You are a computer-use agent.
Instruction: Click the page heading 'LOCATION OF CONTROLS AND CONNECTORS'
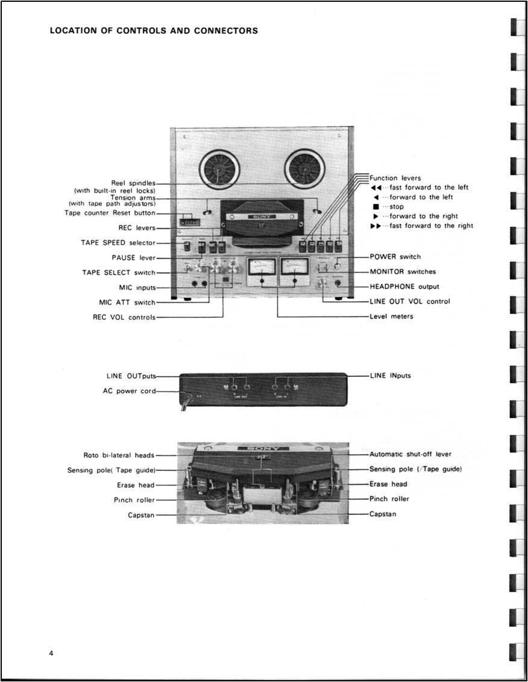pyautogui.click(x=154, y=31)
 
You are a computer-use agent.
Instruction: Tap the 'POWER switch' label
pyautogui.click(x=395, y=257)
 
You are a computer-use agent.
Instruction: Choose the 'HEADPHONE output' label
pyautogui.click(x=404, y=286)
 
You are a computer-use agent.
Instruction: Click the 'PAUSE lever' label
pyautogui.click(x=133, y=257)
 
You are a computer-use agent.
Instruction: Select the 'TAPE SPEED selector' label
pyautogui.click(x=118, y=242)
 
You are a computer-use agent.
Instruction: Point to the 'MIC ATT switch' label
pyautogui.click(x=127, y=302)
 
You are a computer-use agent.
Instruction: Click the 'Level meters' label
pyautogui.click(x=392, y=316)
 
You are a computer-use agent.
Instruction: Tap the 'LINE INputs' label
pyautogui.click(x=391, y=375)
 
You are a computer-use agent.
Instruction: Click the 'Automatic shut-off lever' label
pyautogui.click(x=410, y=454)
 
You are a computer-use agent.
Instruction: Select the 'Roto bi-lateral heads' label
pyautogui.click(x=119, y=455)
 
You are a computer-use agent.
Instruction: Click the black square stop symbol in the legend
pyautogui.click(x=376, y=207)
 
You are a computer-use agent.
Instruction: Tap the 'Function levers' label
pyautogui.click(x=395, y=178)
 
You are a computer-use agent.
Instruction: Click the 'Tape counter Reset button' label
pyautogui.click(x=110, y=213)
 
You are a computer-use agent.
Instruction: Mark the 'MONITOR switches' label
pyautogui.click(x=403, y=272)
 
